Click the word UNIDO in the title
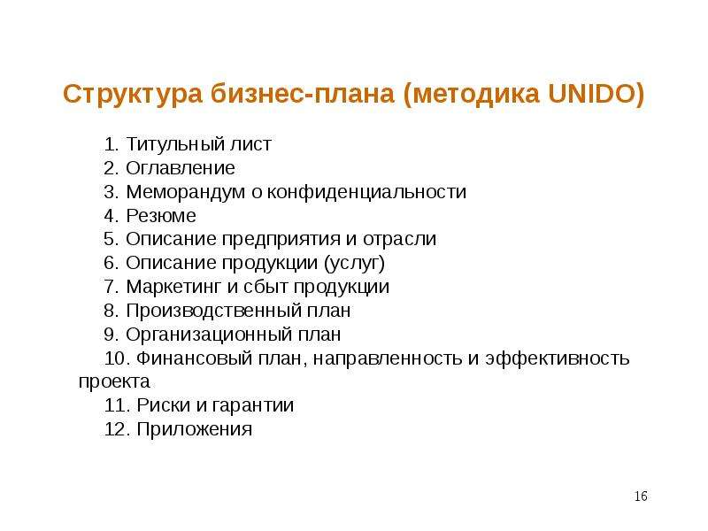pyautogui.click(x=596, y=94)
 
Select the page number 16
pyautogui.click(x=641, y=496)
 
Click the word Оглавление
pyautogui.click(x=181, y=168)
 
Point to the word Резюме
pyautogui.click(x=161, y=215)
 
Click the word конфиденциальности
pyautogui.click(x=366, y=192)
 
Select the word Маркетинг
pyautogui.click(x=173, y=287)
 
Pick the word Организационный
pyautogui.click(x=208, y=335)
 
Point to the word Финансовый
pyautogui.click(x=194, y=358)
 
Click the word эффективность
pyautogui.click(x=558, y=358)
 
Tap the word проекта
pyautogui.click(x=114, y=382)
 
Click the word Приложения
pyautogui.click(x=194, y=429)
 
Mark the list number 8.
pyautogui.click(x=111, y=311)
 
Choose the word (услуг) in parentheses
pyautogui.click(x=355, y=263)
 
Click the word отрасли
pyautogui.click(x=400, y=239)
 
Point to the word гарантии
pyautogui.click(x=253, y=405)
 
